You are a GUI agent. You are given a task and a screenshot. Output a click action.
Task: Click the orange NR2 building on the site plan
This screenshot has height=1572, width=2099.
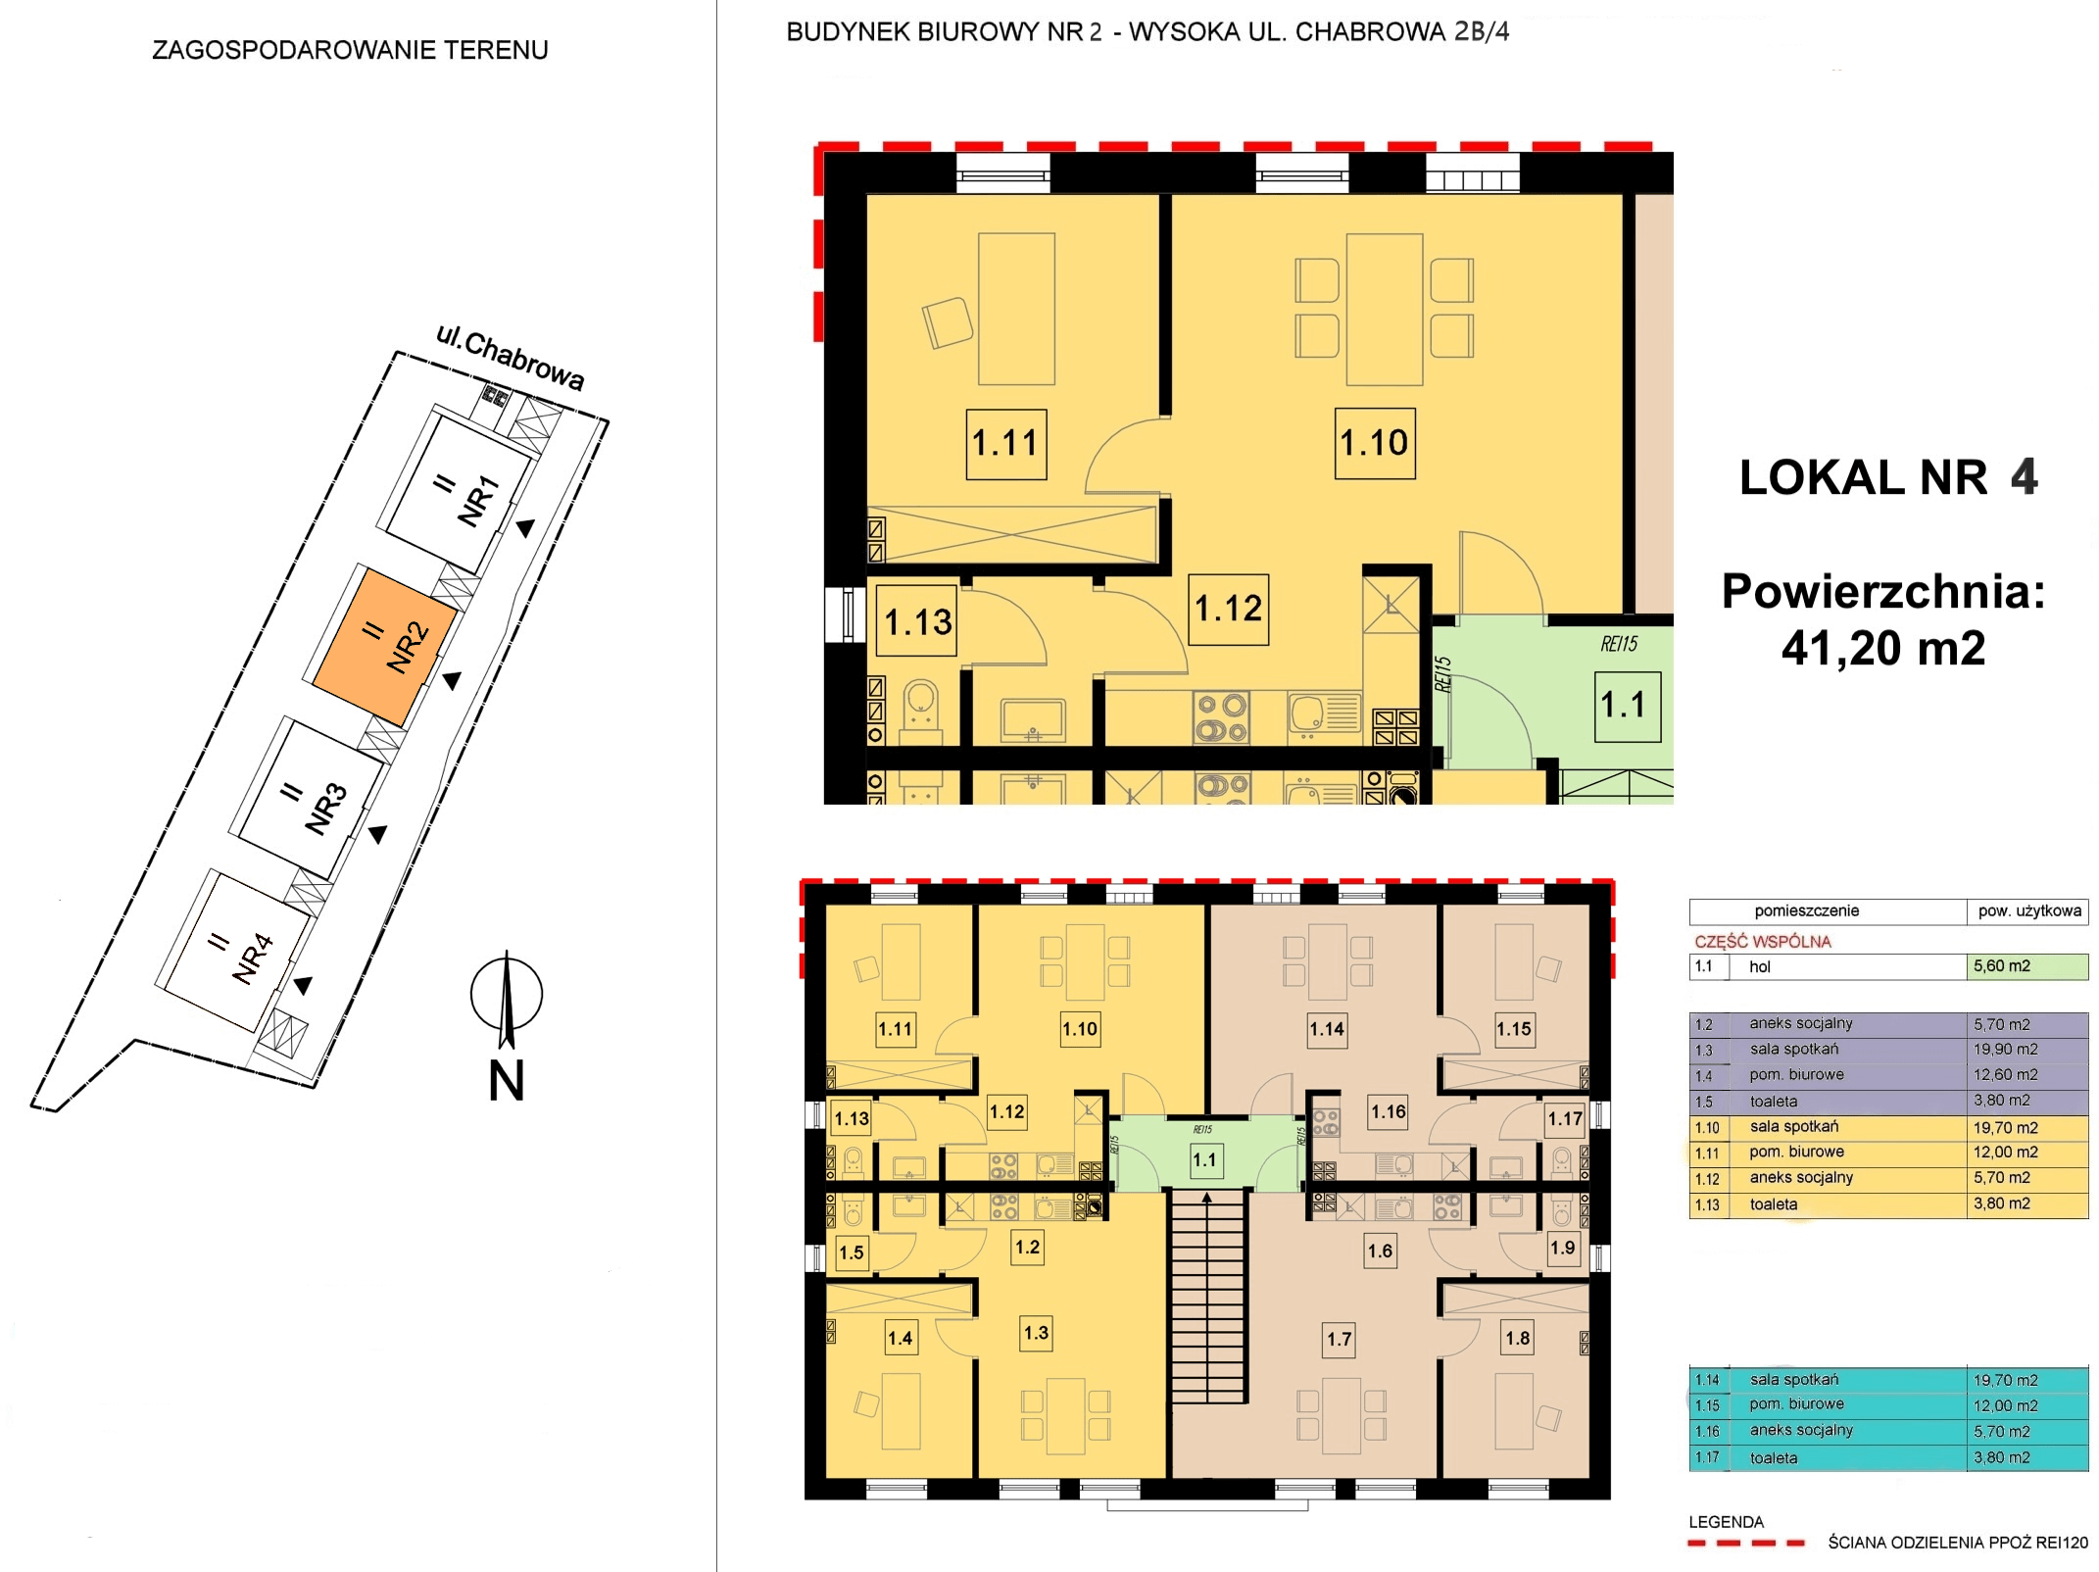385,648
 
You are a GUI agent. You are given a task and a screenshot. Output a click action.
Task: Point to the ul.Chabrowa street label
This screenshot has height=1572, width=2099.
511,358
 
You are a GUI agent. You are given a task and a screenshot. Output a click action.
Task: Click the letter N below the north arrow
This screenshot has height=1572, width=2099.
507,1081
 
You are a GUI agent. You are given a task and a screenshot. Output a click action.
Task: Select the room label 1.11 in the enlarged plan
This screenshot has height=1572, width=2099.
1006,444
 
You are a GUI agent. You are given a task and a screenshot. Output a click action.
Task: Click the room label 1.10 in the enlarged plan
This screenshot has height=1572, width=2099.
1375,443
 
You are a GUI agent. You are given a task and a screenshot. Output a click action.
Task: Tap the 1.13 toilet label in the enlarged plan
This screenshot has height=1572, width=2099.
918,621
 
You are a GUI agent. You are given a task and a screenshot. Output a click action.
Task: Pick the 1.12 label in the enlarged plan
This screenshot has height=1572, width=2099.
1229,609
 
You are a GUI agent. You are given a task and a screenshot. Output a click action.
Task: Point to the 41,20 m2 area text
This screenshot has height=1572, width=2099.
1882,648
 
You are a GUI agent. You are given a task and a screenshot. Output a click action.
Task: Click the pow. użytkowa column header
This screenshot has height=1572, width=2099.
2029,910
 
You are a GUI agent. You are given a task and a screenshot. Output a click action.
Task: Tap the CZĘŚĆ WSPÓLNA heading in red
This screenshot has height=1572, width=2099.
1763,942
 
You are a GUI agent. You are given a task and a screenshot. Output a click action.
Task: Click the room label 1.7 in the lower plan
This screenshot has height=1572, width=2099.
1340,1339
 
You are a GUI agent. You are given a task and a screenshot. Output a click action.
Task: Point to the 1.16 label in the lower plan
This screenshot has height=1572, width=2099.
1389,1111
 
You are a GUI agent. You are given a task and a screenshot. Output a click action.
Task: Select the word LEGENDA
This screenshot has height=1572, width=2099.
1726,1522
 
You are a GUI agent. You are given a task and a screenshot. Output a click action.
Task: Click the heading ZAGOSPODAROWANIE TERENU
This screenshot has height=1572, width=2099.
350,50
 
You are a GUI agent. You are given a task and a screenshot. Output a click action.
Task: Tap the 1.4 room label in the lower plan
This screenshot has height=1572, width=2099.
900,1338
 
